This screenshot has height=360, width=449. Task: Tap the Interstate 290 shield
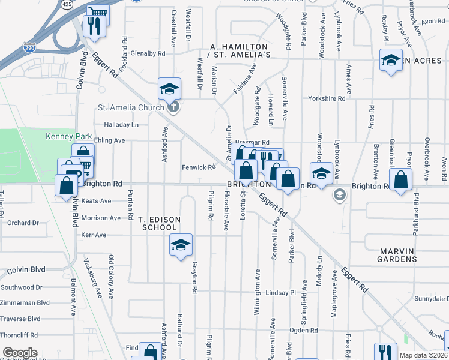click(29, 47)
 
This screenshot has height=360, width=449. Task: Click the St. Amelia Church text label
click(131, 108)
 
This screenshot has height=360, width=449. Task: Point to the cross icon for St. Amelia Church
click(174, 108)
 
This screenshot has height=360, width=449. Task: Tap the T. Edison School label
click(158, 224)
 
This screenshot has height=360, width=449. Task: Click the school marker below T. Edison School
click(181, 245)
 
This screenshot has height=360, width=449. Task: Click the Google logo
click(20, 352)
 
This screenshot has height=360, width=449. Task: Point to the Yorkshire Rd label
click(327, 98)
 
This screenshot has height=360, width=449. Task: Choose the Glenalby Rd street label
click(143, 53)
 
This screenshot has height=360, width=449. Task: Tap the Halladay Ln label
click(121, 125)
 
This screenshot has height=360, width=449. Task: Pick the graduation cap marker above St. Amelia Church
click(169, 88)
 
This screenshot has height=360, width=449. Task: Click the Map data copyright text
click(424, 355)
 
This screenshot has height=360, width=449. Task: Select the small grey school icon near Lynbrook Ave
click(340, 194)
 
